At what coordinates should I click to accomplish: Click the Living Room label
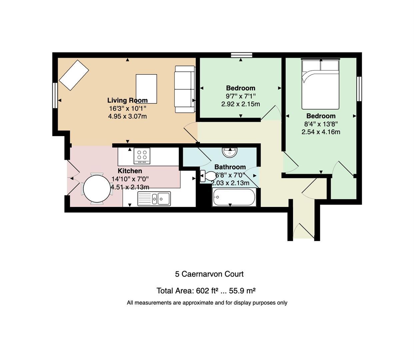pyautogui.click(x=127, y=100)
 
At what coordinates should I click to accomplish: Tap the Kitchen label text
pyautogui.click(x=130, y=171)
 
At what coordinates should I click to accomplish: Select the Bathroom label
pyautogui.click(x=230, y=167)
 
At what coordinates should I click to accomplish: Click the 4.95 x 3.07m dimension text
pyautogui.click(x=127, y=116)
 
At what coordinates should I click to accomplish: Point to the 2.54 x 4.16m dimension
pyautogui.click(x=321, y=132)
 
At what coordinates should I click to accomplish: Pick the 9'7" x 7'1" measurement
pyautogui.click(x=241, y=96)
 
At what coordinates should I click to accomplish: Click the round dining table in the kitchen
pyautogui.click(x=97, y=188)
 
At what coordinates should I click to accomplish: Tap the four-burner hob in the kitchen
pyautogui.click(x=142, y=156)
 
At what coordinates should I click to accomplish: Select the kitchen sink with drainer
pyautogui.click(x=154, y=199)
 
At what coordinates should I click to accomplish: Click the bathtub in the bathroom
pyautogui.click(x=234, y=197)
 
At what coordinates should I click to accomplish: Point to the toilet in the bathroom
pyautogui.click(x=208, y=176)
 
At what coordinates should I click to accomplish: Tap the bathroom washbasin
pyautogui.click(x=230, y=152)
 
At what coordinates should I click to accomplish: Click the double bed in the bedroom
pyautogui.click(x=320, y=84)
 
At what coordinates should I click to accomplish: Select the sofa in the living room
pyautogui.click(x=185, y=89)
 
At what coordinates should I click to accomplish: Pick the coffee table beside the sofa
pyautogui.click(x=146, y=89)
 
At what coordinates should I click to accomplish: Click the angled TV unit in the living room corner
pyautogui.click(x=74, y=75)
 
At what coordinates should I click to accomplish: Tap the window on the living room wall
pyautogui.click(x=55, y=95)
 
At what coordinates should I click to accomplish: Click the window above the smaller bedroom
pyautogui.click(x=242, y=55)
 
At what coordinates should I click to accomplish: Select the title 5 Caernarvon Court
pyautogui.click(x=209, y=274)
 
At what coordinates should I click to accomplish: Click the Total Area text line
pyautogui.click(x=206, y=291)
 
